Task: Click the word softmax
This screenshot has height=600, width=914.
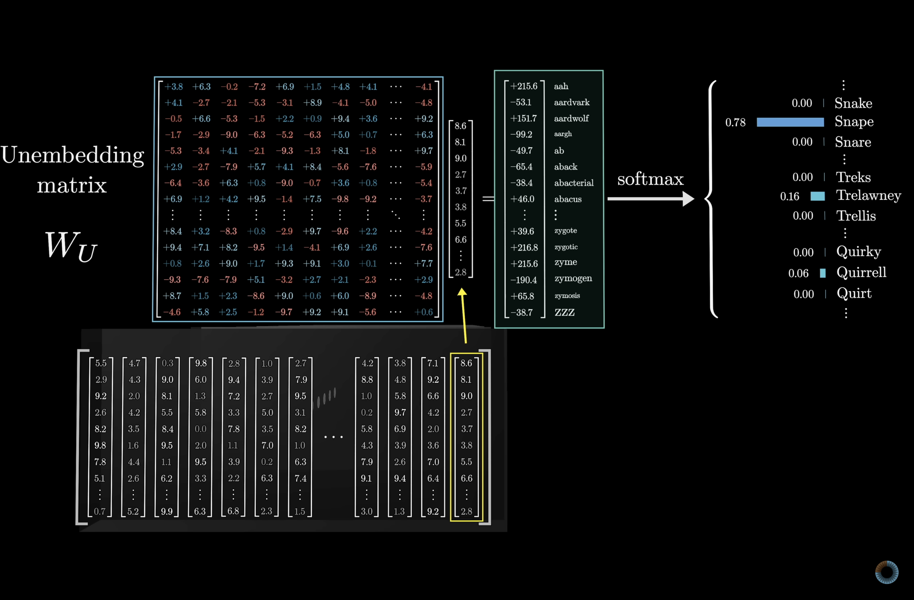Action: [x=650, y=179]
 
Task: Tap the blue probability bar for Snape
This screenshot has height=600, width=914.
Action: [x=790, y=122]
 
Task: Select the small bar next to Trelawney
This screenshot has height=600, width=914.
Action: [x=817, y=196]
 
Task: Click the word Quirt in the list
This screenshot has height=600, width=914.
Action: [x=854, y=293]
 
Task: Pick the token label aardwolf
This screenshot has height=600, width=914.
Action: [x=571, y=118]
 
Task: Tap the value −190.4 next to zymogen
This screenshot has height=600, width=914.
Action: [x=524, y=280]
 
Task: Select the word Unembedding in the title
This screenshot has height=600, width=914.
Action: [x=72, y=155]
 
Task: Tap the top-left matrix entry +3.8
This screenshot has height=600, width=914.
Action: [x=174, y=87]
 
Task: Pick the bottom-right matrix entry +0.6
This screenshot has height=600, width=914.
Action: [x=424, y=312]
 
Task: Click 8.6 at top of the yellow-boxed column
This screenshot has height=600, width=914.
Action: [x=466, y=363]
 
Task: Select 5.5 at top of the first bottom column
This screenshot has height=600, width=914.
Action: [x=101, y=363]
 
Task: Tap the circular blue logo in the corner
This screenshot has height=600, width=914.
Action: [x=886, y=572]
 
